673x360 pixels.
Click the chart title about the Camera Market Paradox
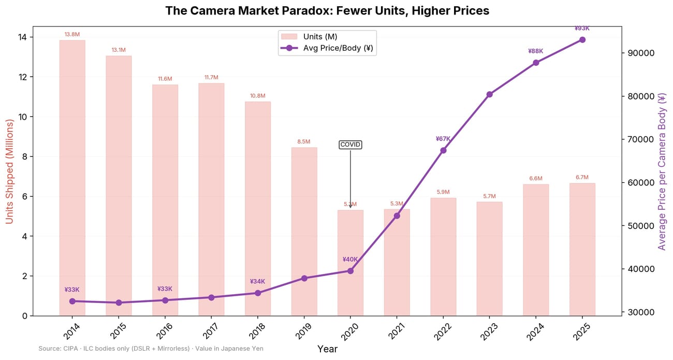click(327, 11)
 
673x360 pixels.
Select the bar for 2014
click(72, 176)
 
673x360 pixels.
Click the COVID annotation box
click(350, 145)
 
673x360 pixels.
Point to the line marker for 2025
click(582, 40)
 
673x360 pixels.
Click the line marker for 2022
click(443, 150)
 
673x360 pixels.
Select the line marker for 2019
click(304, 278)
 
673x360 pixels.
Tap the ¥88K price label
click(535, 51)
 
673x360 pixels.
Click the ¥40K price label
click(350, 260)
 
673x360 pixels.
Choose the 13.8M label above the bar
click(72, 34)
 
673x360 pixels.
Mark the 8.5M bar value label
click(304, 141)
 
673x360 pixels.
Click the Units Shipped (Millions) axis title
click(9, 171)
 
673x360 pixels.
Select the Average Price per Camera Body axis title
click(662, 171)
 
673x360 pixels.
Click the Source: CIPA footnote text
click(151, 349)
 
